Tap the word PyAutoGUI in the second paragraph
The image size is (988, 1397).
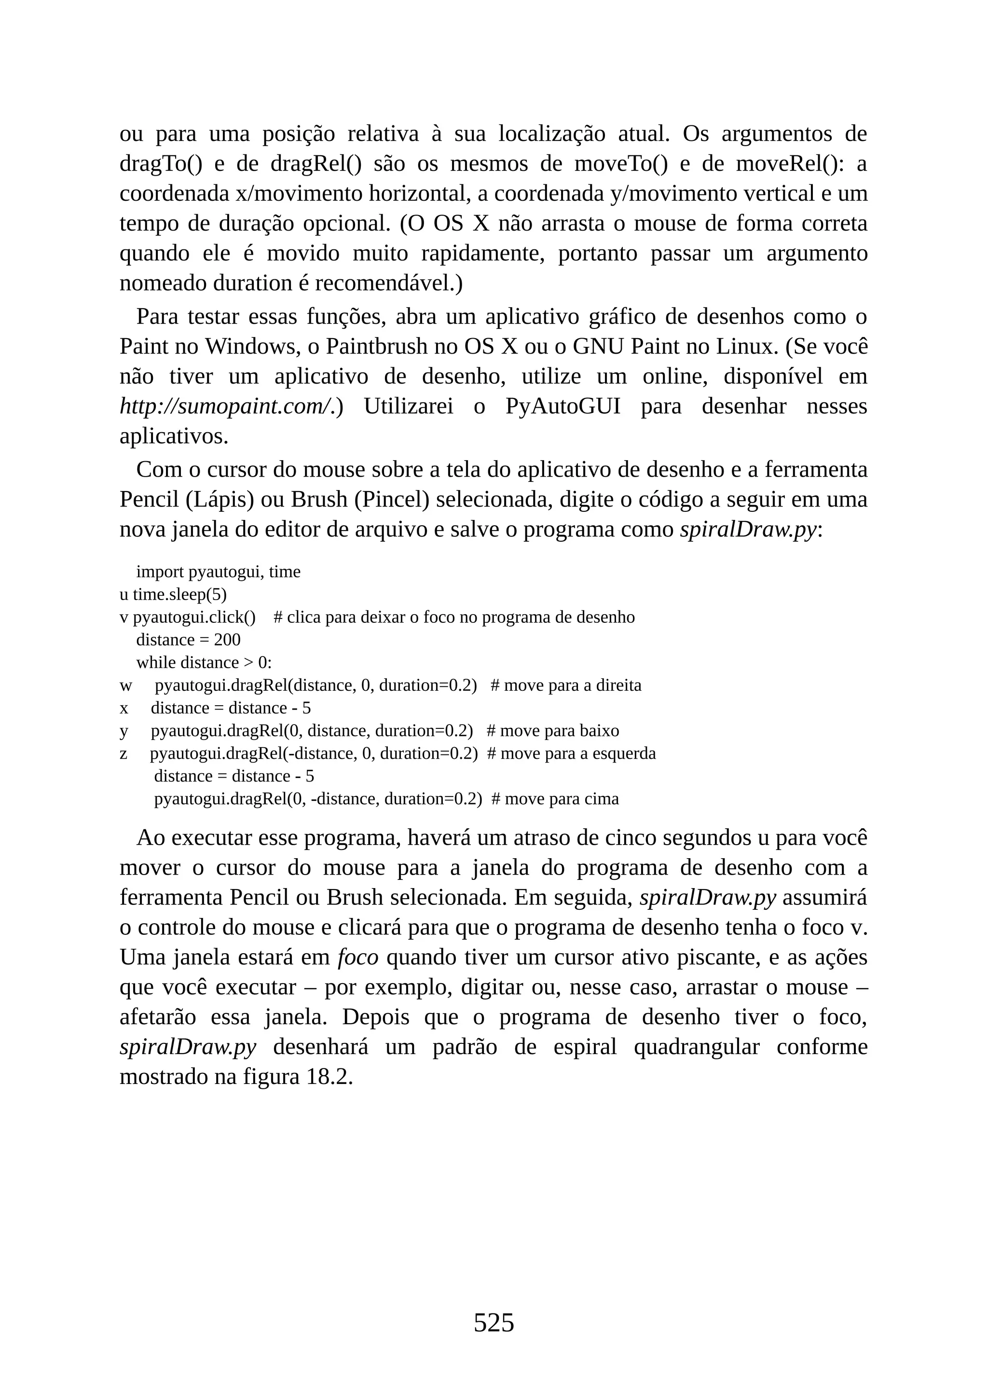pos(563,406)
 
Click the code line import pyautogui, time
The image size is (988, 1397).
pos(218,572)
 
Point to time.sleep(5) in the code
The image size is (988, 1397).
pos(179,594)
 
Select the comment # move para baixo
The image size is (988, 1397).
pos(552,731)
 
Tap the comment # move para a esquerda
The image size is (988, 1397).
pos(571,753)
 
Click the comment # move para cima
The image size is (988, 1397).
pos(555,799)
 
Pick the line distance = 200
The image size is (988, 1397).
pos(188,640)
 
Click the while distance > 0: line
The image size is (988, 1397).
pos(204,663)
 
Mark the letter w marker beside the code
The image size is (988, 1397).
pos(125,686)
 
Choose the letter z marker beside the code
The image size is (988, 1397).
pos(123,754)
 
